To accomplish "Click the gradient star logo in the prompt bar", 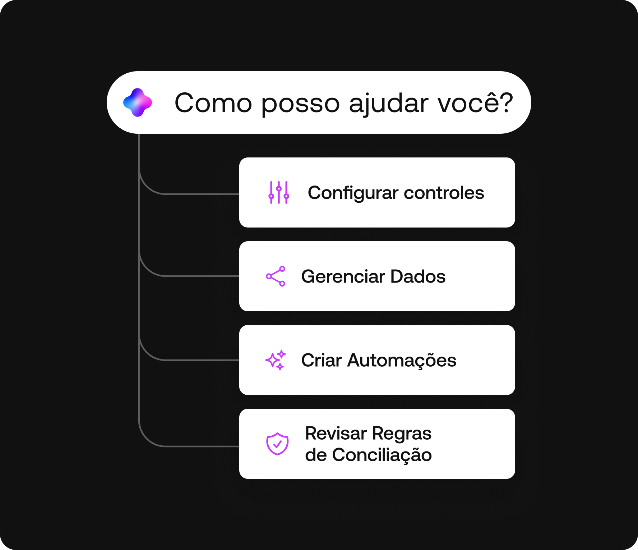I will [x=138, y=103].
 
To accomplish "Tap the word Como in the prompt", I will [x=213, y=103].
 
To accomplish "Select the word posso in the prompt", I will [x=300, y=104].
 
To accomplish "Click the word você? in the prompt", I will [x=475, y=103].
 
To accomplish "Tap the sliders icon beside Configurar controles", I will [x=279, y=193].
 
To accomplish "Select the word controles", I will [x=444, y=193].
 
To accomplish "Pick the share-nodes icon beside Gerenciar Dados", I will [x=276, y=276].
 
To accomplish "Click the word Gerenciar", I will [x=343, y=276].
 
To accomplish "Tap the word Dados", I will [x=418, y=276].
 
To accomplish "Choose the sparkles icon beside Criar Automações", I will [x=276, y=360].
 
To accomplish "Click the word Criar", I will [x=321, y=360].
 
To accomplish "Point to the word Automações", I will [x=402, y=361].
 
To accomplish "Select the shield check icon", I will [x=277, y=444].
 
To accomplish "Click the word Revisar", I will [x=336, y=433].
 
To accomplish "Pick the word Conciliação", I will [x=382, y=455].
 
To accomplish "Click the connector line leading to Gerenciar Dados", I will [x=201, y=276].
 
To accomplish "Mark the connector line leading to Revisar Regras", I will [x=201, y=446].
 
